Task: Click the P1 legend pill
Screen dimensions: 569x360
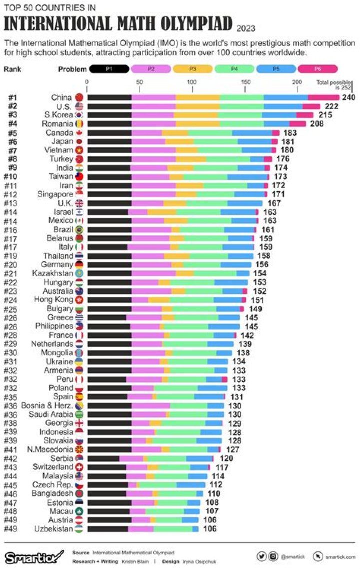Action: tap(109, 69)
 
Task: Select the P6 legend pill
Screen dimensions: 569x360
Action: tap(317, 69)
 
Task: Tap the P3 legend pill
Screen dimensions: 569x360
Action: tap(193, 69)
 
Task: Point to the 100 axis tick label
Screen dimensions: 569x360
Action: tap(192, 82)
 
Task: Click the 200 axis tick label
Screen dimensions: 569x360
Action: tap(297, 82)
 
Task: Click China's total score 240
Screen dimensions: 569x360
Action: tap(348, 97)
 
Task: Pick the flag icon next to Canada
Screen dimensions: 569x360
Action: tap(79, 132)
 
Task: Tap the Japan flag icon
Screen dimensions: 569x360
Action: tap(79, 141)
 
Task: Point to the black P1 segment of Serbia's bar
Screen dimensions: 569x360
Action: tap(103, 458)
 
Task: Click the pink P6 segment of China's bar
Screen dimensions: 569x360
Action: tap(323, 97)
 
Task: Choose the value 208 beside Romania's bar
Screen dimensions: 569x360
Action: tap(316, 124)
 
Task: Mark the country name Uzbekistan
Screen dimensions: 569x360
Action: tap(53, 529)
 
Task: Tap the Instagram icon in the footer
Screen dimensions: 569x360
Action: tap(273, 556)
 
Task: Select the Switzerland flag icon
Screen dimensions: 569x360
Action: tap(79, 467)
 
